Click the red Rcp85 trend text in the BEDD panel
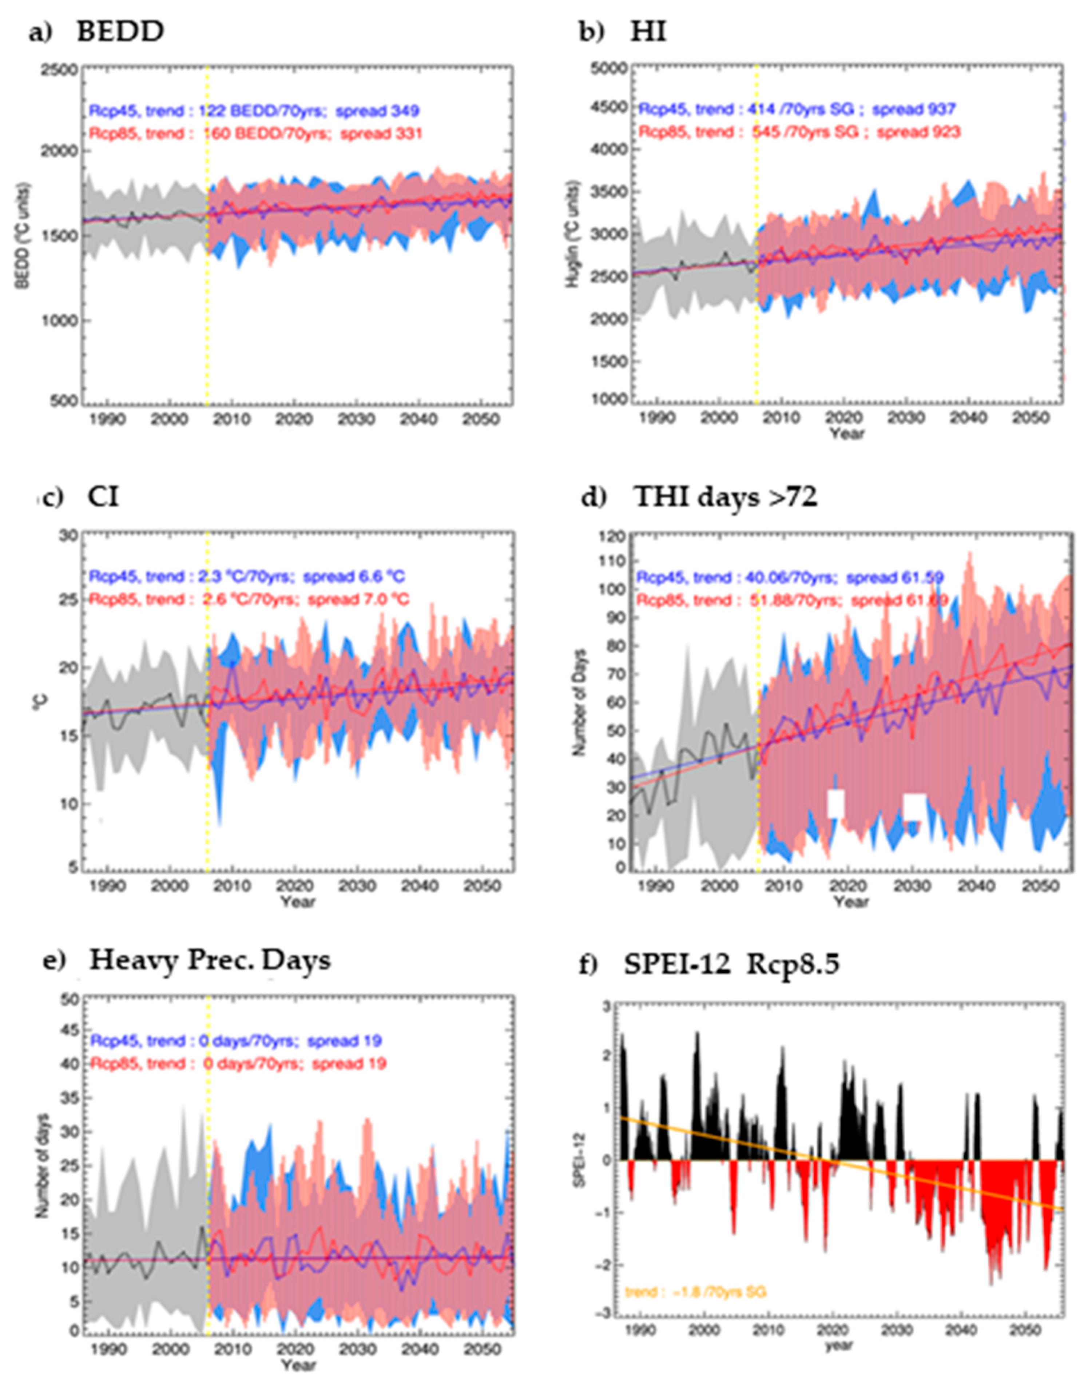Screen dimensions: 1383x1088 click(x=255, y=134)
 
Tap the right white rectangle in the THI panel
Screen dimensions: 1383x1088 click(x=915, y=807)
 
